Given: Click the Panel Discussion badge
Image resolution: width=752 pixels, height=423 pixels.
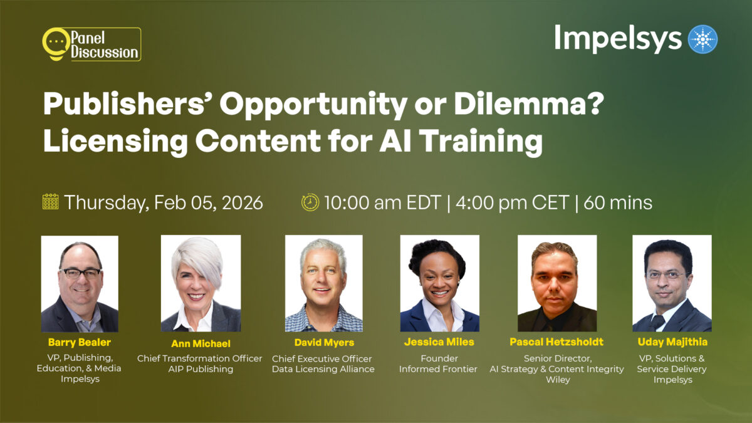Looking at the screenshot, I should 91,44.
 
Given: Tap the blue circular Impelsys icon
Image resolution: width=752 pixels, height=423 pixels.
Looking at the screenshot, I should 702,39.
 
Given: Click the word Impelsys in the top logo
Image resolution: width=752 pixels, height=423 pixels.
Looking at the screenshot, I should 617,39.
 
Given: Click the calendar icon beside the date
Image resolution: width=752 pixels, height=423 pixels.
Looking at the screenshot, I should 50,202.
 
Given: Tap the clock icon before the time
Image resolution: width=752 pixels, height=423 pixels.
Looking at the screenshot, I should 310,202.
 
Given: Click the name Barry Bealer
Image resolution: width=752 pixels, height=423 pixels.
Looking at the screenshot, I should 80,342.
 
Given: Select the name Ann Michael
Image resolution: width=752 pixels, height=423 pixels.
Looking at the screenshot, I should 201,343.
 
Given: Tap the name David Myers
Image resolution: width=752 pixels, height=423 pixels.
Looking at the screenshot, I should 324,342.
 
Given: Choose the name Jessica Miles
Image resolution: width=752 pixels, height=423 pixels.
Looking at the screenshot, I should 439,342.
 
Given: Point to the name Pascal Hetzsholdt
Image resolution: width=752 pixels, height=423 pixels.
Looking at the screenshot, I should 558,342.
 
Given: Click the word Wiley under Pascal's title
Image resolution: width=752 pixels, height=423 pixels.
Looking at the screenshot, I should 557,380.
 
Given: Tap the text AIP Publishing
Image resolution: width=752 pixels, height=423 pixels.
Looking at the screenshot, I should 200,369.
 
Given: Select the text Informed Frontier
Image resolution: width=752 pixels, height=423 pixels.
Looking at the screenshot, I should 438,369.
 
